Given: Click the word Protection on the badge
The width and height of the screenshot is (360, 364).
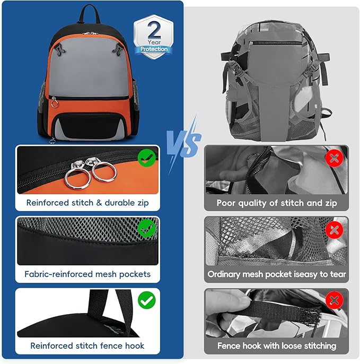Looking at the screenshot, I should pyautogui.click(x=154, y=49).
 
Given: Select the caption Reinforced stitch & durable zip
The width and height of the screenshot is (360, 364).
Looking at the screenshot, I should pyautogui.click(x=87, y=203).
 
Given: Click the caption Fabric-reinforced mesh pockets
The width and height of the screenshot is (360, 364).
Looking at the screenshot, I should pyautogui.click(x=87, y=274).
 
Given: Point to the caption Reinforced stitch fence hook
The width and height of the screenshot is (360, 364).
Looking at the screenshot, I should pyautogui.click(x=87, y=346).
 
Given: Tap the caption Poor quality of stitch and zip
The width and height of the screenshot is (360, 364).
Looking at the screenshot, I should pyautogui.click(x=276, y=203).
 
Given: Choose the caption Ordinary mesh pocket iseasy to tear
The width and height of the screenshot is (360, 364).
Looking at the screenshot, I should pyautogui.click(x=276, y=274).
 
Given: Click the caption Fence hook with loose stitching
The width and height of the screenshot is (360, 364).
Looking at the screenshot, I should pyautogui.click(x=276, y=346).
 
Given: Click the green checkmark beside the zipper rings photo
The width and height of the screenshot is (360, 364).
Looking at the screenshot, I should pyautogui.click(x=146, y=158).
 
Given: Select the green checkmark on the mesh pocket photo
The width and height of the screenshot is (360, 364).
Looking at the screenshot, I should pyautogui.click(x=146, y=229).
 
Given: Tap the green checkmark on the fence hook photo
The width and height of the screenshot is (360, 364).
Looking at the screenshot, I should pyautogui.click(x=146, y=300).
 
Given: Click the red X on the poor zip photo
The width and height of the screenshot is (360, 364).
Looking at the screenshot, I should pyautogui.click(x=333, y=158).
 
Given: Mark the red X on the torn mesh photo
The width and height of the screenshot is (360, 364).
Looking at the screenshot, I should pyautogui.click(x=333, y=229).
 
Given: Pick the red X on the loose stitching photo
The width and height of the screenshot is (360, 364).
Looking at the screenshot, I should pyautogui.click(x=333, y=301).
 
